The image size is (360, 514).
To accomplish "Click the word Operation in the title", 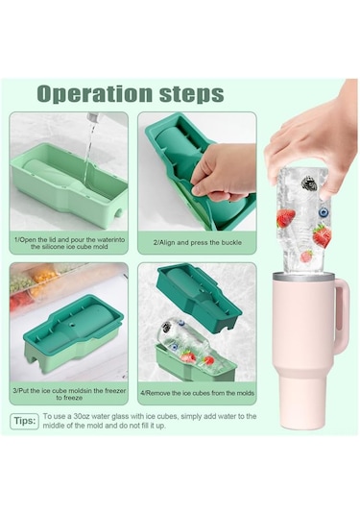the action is click(95, 94).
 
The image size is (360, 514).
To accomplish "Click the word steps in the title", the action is click(192, 94).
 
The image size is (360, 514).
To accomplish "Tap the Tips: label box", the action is click(25, 421).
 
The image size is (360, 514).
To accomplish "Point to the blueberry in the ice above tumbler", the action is click(324, 212).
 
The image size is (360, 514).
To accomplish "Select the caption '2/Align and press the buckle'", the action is click(198, 242).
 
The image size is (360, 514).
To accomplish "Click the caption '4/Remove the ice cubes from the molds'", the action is click(198, 393).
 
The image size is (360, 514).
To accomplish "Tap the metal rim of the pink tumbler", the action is click(304, 278).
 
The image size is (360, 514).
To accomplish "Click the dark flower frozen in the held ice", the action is click(307, 183).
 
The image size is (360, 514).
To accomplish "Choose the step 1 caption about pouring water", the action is click(69, 243).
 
